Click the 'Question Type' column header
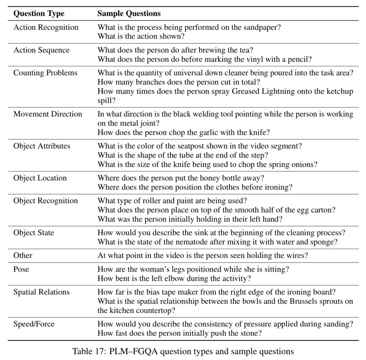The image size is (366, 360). click(39, 14)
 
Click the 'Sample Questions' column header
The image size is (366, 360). click(129, 14)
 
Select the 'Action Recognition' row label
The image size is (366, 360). click(46, 27)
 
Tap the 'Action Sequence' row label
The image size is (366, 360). click(41, 50)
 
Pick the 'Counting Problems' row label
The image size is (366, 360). click(45, 73)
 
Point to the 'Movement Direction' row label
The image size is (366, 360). click(48, 114)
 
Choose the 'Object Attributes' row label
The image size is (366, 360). click(42, 146)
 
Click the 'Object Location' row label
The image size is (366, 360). click(40, 178)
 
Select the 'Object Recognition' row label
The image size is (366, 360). click(46, 201)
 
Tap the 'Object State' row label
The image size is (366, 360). click(34, 233)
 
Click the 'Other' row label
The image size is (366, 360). click(23, 256)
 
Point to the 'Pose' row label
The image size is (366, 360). click(21, 269)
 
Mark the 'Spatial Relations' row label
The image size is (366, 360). click(41, 292)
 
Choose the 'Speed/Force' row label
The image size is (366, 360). click(34, 324)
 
